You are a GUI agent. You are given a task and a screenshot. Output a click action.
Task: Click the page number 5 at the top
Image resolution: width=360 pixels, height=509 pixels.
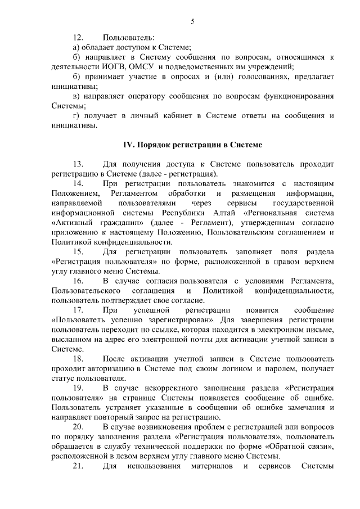tap(192, 21)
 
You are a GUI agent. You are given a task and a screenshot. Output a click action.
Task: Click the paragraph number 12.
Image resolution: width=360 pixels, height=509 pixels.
tap(78, 38)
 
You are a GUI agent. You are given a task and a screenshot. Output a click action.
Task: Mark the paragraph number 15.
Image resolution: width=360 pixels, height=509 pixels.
tap(78, 251)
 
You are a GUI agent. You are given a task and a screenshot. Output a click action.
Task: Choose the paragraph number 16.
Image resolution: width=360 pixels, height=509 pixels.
tap(78, 280)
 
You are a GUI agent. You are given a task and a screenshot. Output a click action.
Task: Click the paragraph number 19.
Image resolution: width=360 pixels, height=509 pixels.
tap(78, 388)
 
